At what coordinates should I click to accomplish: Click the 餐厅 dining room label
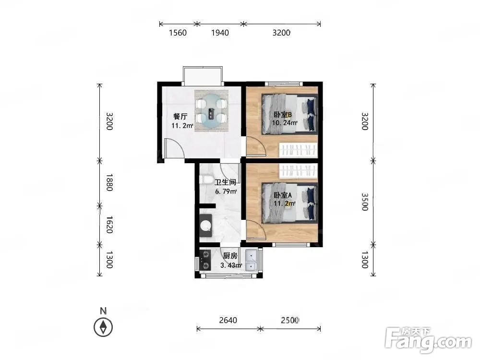180,117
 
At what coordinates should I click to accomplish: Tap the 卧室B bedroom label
283,115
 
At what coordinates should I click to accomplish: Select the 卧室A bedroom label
283,195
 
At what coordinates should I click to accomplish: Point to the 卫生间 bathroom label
225,182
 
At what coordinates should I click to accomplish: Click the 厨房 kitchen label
230,256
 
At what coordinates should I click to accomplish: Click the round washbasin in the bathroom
206,226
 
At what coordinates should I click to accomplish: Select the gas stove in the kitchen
205,260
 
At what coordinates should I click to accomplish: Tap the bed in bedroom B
289,114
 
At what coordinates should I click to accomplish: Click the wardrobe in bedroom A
298,170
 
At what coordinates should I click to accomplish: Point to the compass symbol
103,327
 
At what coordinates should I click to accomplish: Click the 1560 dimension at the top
178,33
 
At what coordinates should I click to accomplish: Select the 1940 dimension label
220,33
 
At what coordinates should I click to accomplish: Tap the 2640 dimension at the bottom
228,320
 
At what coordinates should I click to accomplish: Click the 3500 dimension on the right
365,202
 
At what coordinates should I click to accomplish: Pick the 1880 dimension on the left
109,182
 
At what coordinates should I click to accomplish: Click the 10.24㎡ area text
285,123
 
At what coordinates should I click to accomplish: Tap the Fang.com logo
428,339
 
